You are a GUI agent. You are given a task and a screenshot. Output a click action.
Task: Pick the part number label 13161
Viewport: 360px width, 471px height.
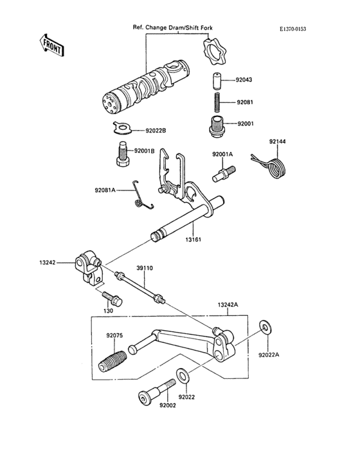194,239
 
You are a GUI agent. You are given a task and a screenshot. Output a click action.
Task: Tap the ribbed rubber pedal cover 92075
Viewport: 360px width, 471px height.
113,360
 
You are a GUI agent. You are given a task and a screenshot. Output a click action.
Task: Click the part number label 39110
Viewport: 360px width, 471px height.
144,267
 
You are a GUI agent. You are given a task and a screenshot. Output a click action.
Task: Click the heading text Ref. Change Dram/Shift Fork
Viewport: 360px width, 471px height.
172,28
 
